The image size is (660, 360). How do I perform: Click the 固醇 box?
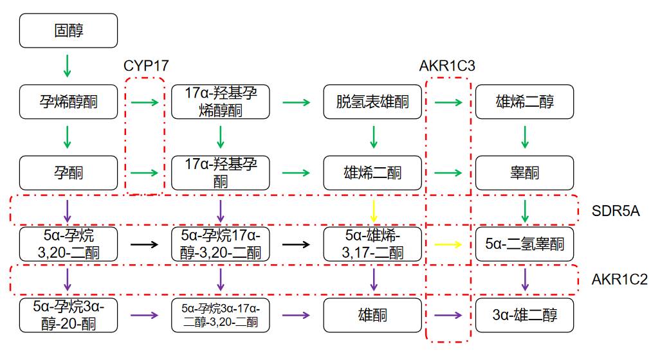[69, 31]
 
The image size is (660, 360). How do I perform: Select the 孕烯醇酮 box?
[69, 101]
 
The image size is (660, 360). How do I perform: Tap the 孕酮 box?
[69, 172]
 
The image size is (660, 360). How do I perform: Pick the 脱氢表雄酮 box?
[372, 101]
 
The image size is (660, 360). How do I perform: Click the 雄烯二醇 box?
[524, 101]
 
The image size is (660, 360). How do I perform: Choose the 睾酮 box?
[524, 172]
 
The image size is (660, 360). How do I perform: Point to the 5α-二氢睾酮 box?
[524, 244]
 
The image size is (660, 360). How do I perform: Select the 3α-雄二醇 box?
[524, 315]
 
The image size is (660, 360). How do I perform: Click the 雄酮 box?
[372, 315]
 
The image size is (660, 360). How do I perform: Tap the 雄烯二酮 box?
[372, 172]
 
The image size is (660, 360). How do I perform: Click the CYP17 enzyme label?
[145, 66]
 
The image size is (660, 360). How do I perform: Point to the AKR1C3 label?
[447, 66]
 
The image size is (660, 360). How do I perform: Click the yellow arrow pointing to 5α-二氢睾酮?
[448, 244]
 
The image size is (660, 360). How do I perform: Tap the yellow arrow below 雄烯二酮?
[373, 210]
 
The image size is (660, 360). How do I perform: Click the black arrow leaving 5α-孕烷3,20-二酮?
[145, 244]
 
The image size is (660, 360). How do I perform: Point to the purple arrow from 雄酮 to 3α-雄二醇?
[448, 315]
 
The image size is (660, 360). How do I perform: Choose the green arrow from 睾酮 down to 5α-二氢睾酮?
[525, 210]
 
